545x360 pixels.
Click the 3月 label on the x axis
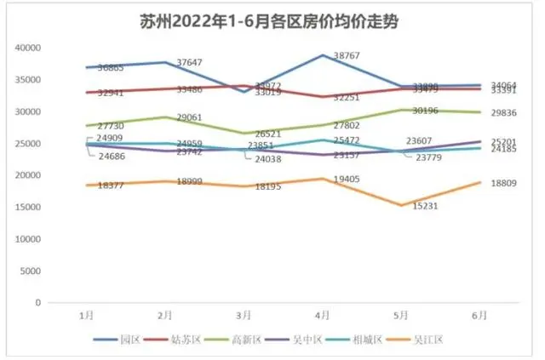[244, 315]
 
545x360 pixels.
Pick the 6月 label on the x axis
[479, 315]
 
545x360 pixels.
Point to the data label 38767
[351, 54]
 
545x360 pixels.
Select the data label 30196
[429, 111]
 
